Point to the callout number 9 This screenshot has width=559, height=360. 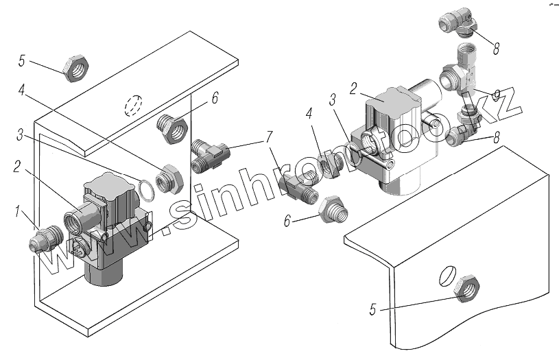tap(495, 93)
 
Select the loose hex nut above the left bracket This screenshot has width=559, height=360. tap(74, 69)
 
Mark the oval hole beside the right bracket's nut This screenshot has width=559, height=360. tap(446, 275)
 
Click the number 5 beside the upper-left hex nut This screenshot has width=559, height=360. tap(22, 62)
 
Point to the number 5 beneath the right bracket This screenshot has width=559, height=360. tap(373, 310)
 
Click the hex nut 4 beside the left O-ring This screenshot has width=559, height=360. tap(167, 179)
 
